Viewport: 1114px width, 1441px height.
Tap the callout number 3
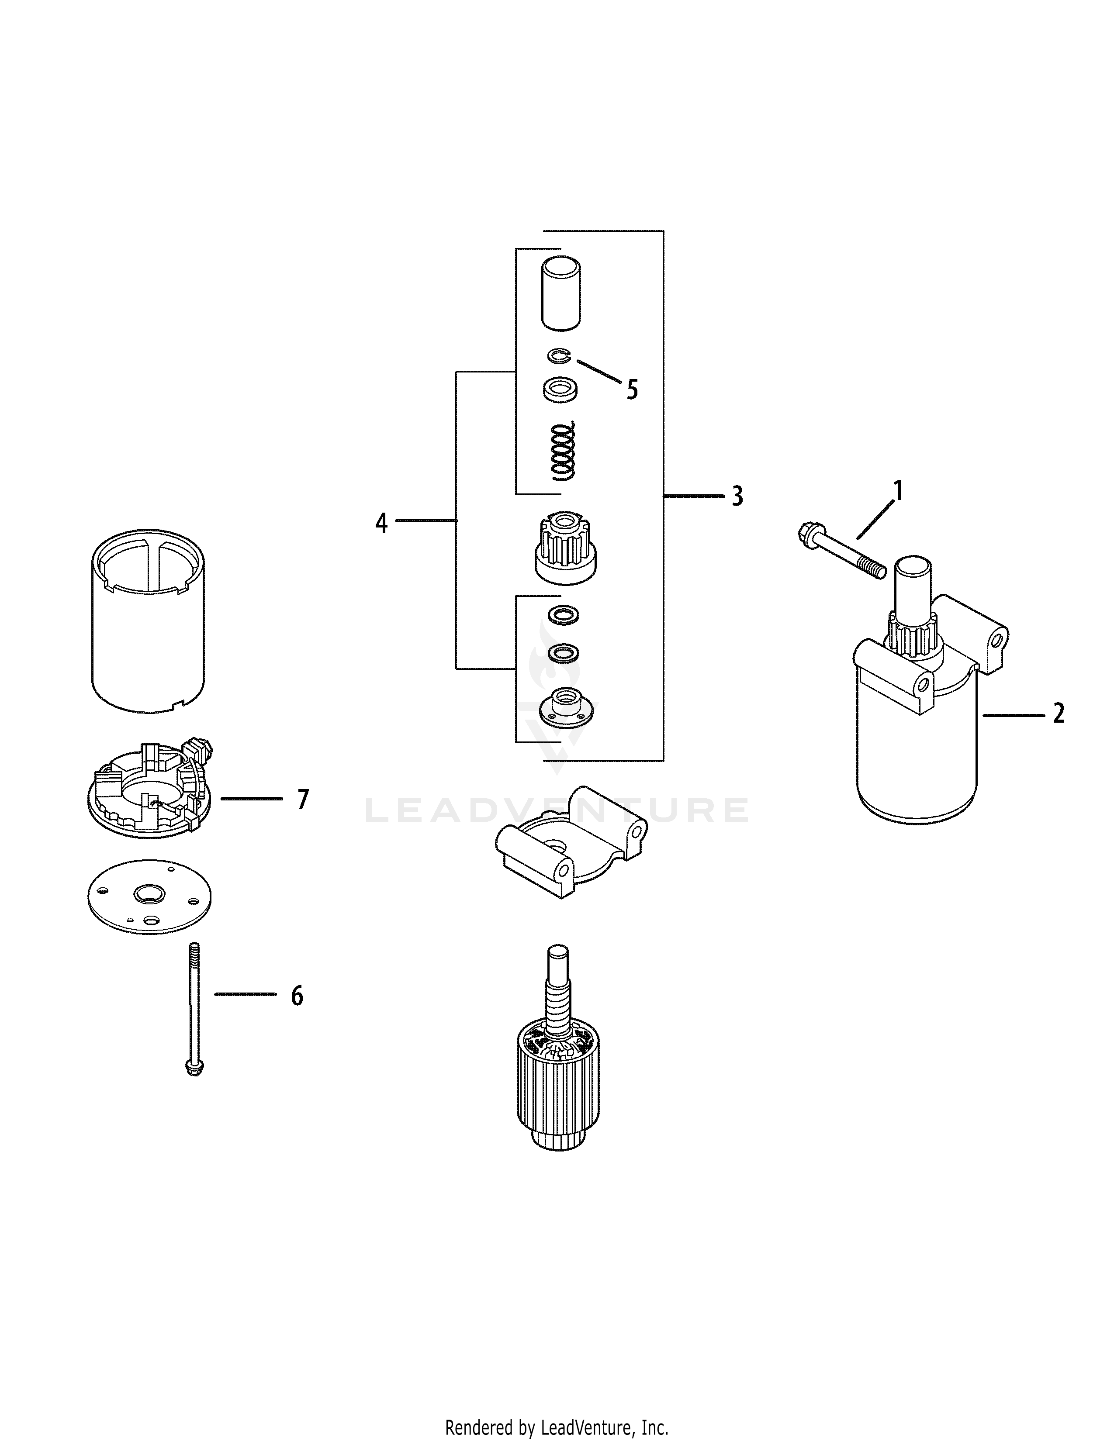pyautogui.click(x=737, y=496)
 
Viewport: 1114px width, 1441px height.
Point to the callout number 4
pyautogui.click(x=381, y=523)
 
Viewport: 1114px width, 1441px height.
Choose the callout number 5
pyautogui.click(x=632, y=390)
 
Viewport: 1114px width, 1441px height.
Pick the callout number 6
pyautogui.click(x=297, y=1014)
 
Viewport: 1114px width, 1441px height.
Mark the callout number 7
pyautogui.click(x=303, y=800)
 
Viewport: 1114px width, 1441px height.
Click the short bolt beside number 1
pyautogui.click(x=841, y=551)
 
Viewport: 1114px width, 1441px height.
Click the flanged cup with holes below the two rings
pyautogui.click(x=566, y=705)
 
